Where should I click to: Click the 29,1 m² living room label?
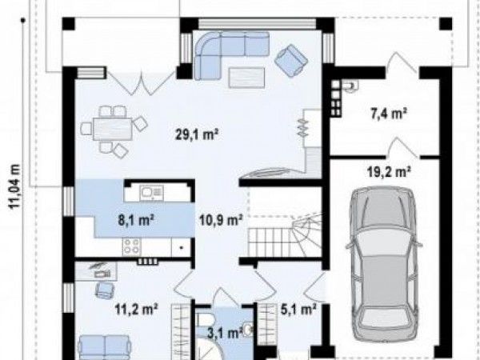[197, 134]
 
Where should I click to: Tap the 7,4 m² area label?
[389, 114]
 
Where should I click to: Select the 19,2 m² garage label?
[389, 172]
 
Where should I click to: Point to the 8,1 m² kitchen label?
[136, 220]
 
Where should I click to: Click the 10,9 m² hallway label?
[221, 219]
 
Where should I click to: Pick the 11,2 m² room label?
[137, 309]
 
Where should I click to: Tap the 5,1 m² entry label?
[298, 310]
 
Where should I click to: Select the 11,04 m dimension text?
[15, 186]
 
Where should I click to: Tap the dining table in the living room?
[114, 129]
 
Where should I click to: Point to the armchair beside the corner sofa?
[291, 60]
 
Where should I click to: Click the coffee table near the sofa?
[246, 78]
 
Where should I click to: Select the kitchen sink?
[151, 194]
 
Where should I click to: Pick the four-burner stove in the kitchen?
[132, 246]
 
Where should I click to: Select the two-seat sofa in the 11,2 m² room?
[105, 347]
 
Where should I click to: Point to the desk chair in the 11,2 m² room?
[105, 290]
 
